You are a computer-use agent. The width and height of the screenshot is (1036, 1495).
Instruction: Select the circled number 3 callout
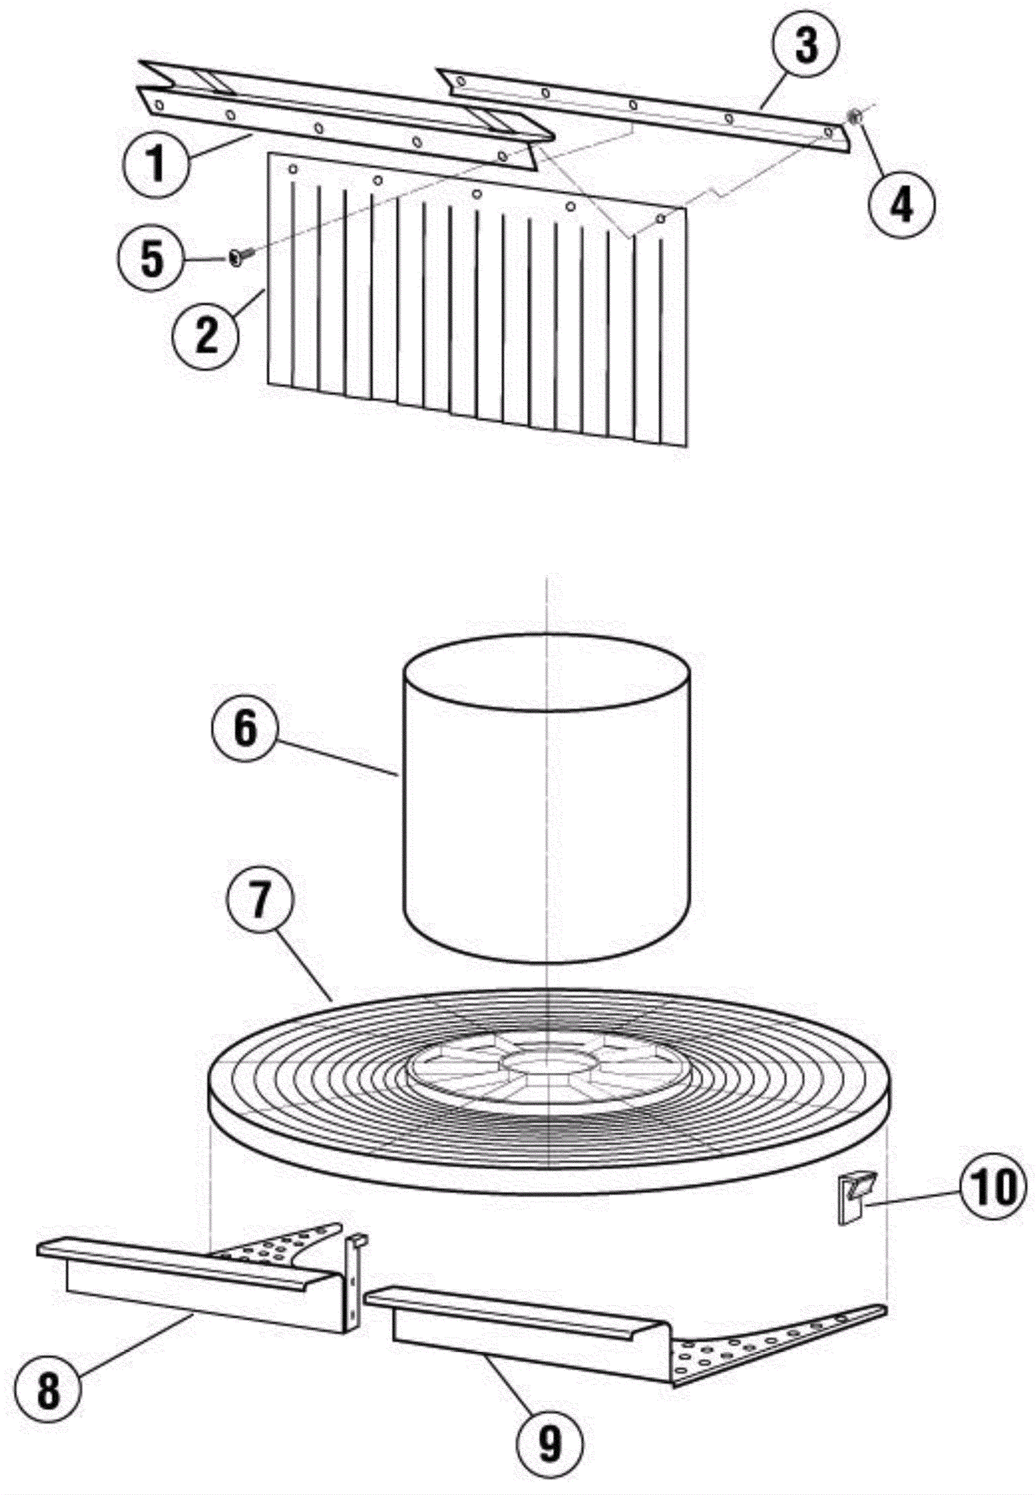(805, 48)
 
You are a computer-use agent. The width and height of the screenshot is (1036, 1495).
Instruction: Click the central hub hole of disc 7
(548, 1062)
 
